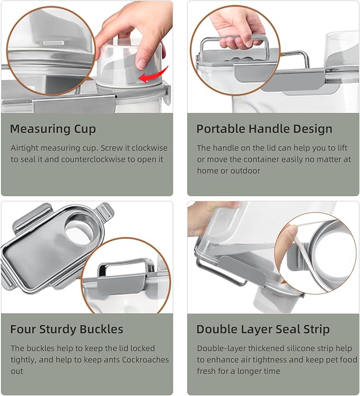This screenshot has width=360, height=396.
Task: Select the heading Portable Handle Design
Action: pos(264,129)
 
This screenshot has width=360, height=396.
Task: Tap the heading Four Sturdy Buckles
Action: pos(66,329)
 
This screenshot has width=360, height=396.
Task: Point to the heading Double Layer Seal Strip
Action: pos(262,329)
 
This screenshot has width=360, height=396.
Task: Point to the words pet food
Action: pos(339,359)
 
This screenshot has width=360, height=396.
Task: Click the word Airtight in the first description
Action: pos(25,148)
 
